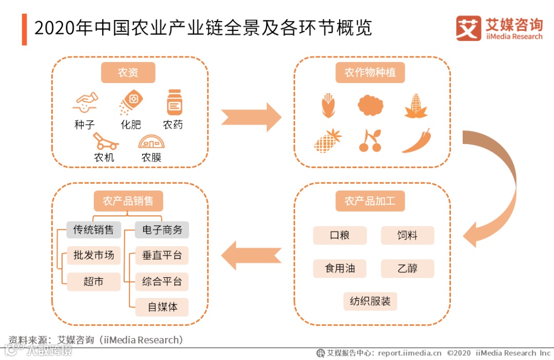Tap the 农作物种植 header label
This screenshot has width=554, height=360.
tap(370, 73)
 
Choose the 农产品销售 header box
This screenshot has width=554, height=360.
tap(128, 201)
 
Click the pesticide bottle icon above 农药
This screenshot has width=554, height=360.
tap(174, 102)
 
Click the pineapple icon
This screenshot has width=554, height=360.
tap(327, 140)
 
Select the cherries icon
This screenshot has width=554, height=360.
tap(370, 141)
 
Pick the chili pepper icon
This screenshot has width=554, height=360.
tap(416, 141)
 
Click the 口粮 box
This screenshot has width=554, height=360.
tap(340, 235)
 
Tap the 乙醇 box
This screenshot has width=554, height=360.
tap(407, 269)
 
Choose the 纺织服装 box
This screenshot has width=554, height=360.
tap(370, 302)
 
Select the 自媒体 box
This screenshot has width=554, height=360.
tap(162, 307)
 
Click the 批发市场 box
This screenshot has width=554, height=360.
tap(93, 255)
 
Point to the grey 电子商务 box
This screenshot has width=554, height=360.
tap(162, 230)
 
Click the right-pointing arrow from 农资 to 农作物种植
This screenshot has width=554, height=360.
tap(251, 117)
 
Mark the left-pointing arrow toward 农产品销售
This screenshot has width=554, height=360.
tap(251, 255)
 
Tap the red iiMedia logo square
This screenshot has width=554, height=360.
tap(468, 29)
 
